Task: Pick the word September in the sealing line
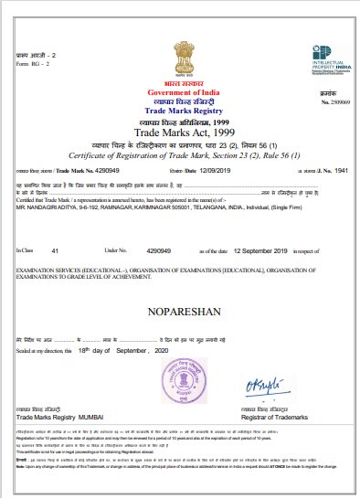pyautogui.click(x=121, y=350)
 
